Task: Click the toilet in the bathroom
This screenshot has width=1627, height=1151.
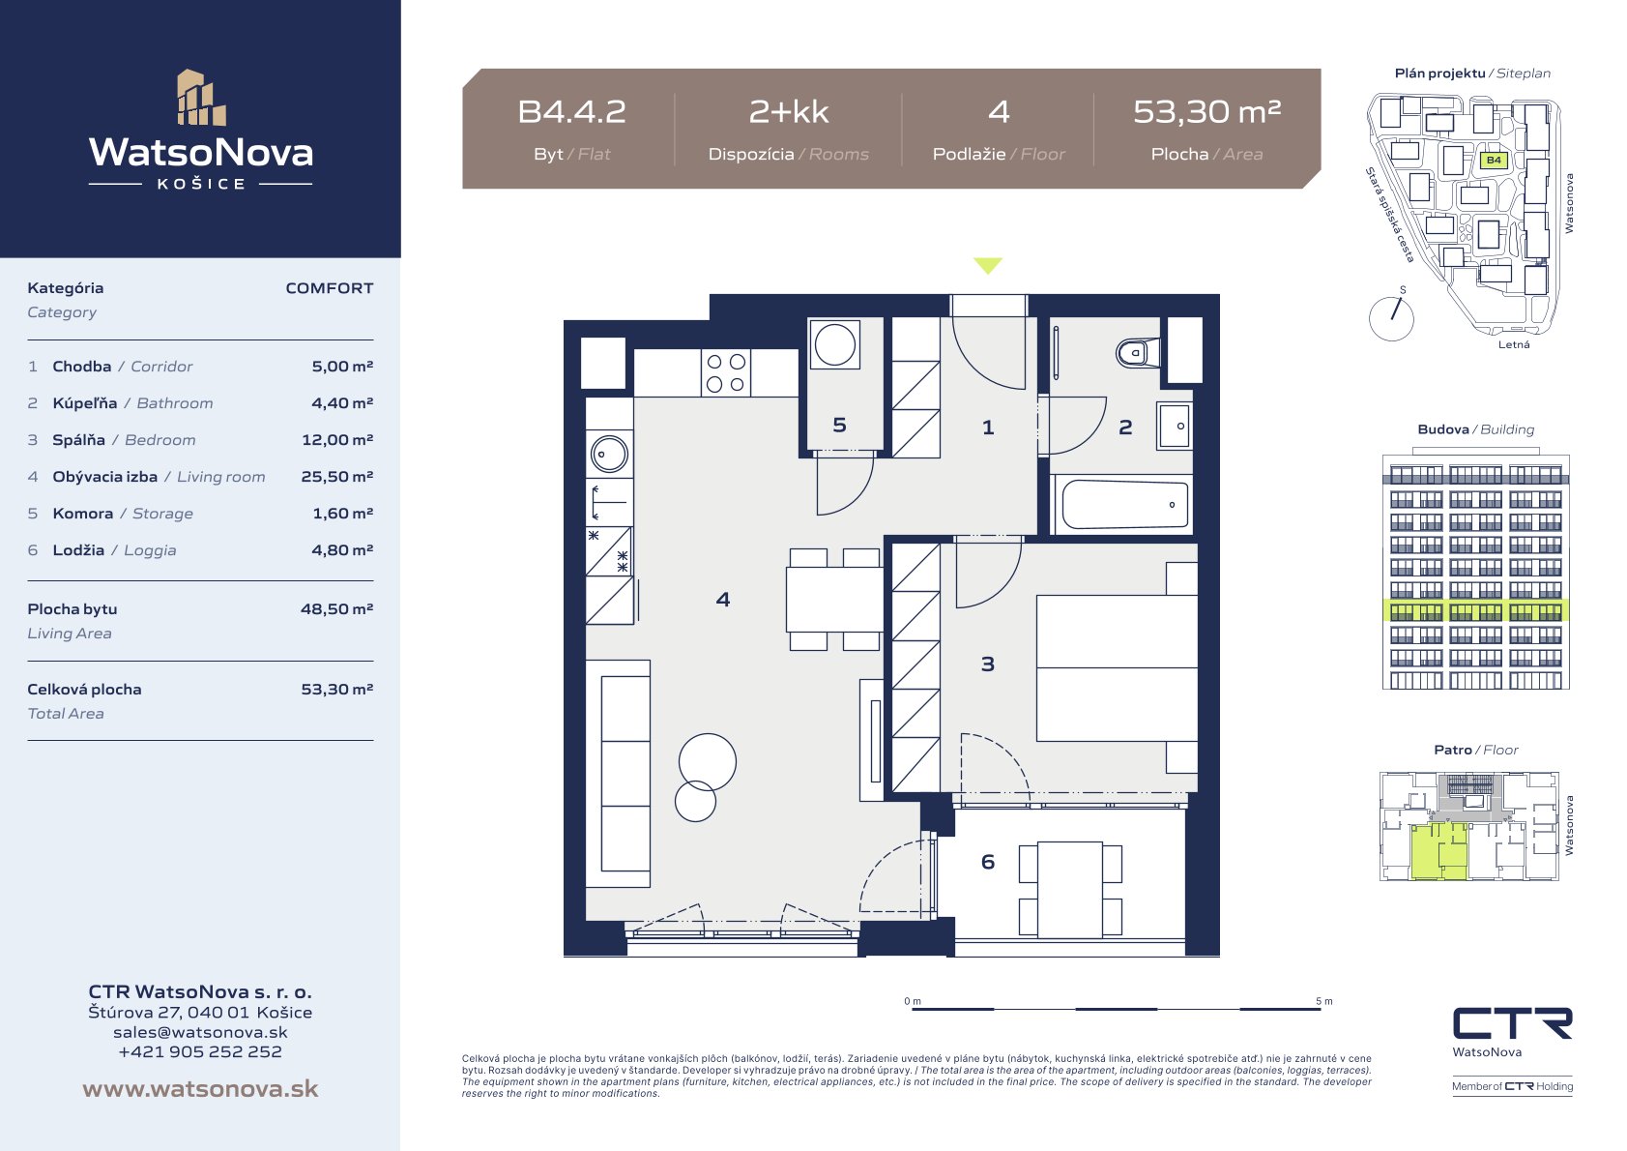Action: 1138,353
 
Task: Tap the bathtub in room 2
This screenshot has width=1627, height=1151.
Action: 1125,504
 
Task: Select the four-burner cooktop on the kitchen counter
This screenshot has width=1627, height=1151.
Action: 726,372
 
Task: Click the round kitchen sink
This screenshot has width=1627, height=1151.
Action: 609,455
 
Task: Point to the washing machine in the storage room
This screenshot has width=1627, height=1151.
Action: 834,343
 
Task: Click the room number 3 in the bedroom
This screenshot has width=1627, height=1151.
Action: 987,664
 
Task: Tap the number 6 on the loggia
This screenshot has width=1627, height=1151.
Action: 988,862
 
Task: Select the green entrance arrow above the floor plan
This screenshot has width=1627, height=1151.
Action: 988,265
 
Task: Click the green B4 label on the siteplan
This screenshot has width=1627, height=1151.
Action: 1494,160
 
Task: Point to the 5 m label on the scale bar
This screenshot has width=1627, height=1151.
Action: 1324,1000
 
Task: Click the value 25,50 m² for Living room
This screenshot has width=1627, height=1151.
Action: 337,477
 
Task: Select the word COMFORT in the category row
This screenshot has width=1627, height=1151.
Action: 329,288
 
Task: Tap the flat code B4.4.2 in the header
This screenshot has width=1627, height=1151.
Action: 571,112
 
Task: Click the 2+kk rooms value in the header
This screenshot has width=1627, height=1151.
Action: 789,112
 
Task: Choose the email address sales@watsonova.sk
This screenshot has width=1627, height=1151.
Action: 200,1032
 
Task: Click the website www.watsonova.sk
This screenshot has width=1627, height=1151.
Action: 200,1088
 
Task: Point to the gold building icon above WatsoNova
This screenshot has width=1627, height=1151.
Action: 201,98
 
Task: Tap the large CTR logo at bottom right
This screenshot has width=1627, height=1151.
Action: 1512,1023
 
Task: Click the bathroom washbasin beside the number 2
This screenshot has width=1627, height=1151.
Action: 1174,426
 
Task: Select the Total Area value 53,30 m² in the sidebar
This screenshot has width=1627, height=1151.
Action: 337,690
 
